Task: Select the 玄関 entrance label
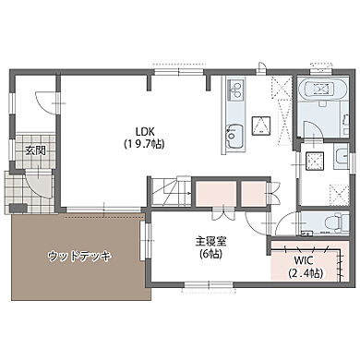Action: pyautogui.click(x=35, y=149)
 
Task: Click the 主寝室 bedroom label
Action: pyautogui.click(x=208, y=242)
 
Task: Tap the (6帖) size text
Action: pyautogui.click(x=208, y=255)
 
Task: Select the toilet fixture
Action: pyautogui.click(x=336, y=222)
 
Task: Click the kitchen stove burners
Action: pyautogui.click(x=234, y=90)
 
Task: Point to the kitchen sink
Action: pyautogui.click(x=233, y=137)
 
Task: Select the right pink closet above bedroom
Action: pyautogui.click(x=253, y=194)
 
